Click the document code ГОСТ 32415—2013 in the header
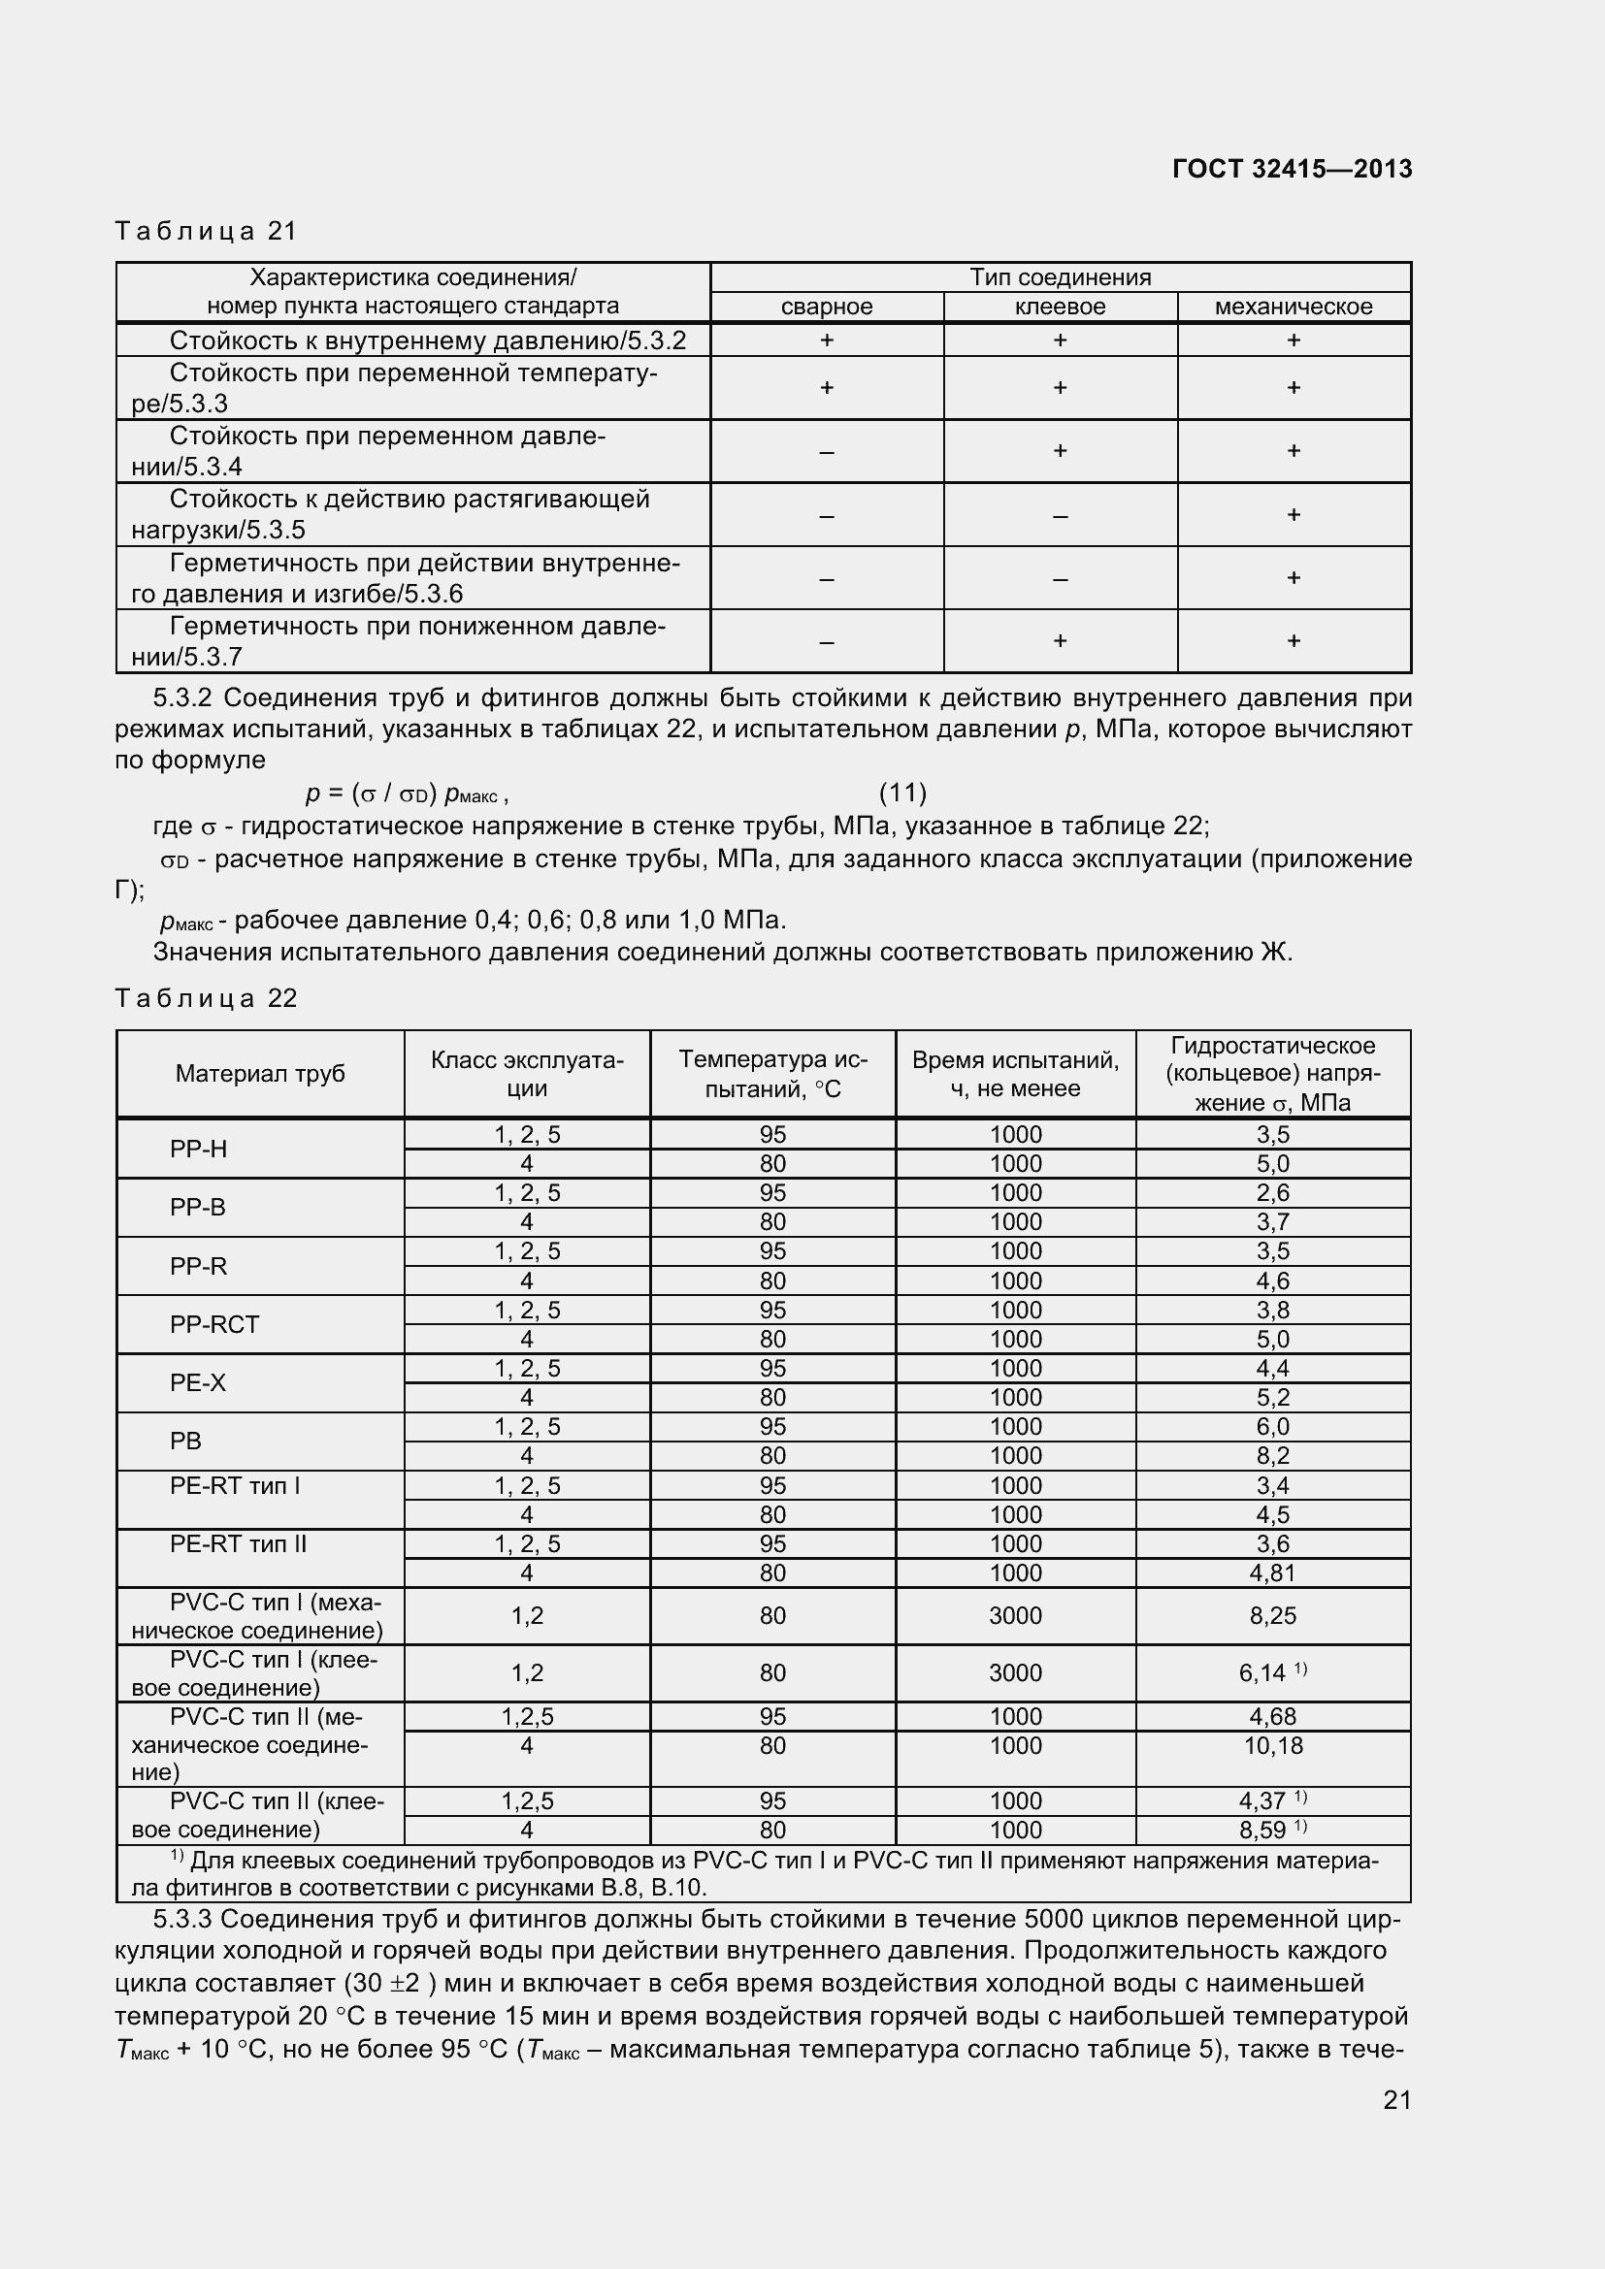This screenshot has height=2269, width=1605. click(x=1291, y=169)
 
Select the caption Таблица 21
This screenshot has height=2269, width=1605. click(x=206, y=231)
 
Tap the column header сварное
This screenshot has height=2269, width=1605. click(x=826, y=307)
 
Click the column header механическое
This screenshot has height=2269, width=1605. click(x=1293, y=307)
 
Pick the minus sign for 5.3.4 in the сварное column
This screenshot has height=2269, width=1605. click(x=826, y=452)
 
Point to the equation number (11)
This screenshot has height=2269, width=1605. click(x=902, y=793)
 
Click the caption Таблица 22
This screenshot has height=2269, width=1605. click(x=206, y=998)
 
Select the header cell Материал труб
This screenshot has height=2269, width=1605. click(x=260, y=1073)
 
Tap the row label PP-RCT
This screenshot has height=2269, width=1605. click(x=214, y=1324)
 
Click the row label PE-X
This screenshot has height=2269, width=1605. click(x=198, y=1382)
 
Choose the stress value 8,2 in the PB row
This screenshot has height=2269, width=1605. click(x=1273, y=1456)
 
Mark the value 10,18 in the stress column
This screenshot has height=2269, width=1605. click(x=1273, y=1745)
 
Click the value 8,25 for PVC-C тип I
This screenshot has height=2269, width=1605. click(x=1273, y=1616)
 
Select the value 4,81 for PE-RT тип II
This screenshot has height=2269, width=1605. click(x=1273, y=1572)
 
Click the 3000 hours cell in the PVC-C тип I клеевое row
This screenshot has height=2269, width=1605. click(x=1015, y=1673)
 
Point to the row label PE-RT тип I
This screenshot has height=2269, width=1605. click(x=234, y=1485)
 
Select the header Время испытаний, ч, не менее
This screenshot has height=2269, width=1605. click(x=1015, y=1074)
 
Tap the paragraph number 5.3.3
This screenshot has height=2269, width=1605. click(x=182, y=1919)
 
